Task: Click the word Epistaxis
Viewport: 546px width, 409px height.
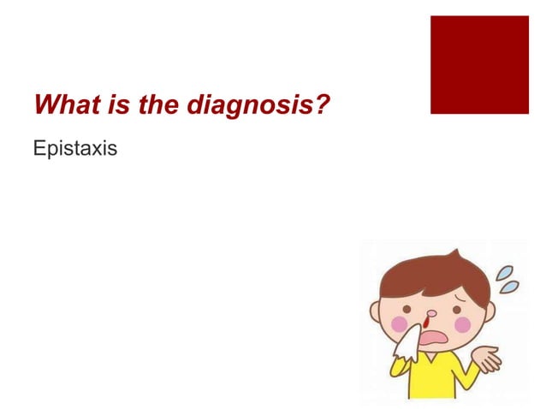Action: point(74,149)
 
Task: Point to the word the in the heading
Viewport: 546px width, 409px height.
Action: point(153,107)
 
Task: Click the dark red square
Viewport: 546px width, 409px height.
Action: point(479,64)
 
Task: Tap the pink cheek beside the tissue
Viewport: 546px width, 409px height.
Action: point(399,323)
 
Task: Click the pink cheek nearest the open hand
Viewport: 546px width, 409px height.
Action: point(462,323)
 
